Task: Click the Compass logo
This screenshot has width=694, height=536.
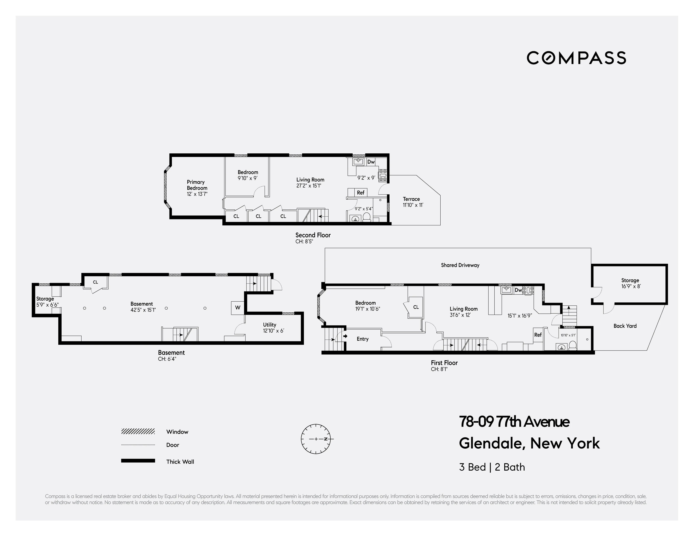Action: click(576, 58)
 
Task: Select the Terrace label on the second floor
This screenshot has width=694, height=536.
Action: click(411, 199)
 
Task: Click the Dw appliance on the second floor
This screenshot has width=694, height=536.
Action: click(371, 162)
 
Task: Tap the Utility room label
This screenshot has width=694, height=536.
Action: click(270, 325)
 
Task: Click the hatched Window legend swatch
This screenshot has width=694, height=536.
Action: click(138, 431)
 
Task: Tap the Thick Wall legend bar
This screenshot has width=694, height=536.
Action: click(138, 461)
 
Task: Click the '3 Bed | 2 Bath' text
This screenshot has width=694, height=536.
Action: click(492, 467)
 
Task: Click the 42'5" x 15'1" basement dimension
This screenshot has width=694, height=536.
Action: click(143, 310)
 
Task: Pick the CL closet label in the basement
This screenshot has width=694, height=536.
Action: click(95, 282)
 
